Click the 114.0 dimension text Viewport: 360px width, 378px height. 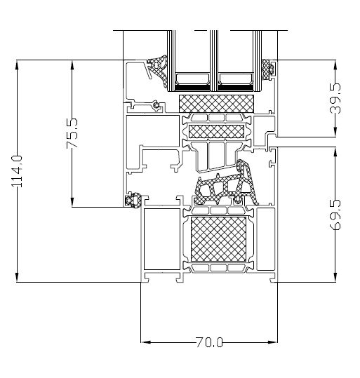click(18, 170)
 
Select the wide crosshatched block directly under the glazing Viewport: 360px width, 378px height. click(218, 102)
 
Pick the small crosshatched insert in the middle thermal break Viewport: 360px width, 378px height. click(218, 131)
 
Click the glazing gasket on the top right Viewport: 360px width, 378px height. click(267, 68)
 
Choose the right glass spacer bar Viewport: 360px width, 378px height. click(236, 79)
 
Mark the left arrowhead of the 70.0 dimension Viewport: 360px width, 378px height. click(145, 342)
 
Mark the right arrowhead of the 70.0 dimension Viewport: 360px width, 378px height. click(274, 342)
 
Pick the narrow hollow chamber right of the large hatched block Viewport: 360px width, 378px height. click(265, 238)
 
